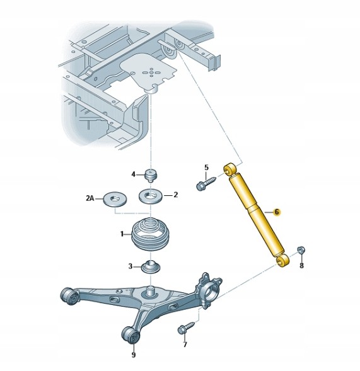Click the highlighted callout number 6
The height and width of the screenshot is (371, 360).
click(277, 212)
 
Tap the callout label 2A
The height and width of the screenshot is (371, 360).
click(90, 198)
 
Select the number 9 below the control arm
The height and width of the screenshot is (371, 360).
click(134, 355)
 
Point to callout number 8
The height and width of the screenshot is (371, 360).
click(301, 265)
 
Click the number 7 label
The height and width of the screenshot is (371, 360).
click(185, 345)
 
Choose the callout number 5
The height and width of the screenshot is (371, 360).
click(207, 168)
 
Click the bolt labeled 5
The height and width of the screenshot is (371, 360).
click(206, 183)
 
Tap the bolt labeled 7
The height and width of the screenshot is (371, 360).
click(186, 328)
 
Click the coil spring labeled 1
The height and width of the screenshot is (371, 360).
click(150, 234)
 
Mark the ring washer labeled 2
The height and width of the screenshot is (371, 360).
click(151, 196)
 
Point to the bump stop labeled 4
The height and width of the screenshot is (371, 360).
click(151, 175)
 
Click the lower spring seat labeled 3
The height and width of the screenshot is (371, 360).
click(151, 266)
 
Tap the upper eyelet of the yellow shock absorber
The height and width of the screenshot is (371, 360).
click(229, 169)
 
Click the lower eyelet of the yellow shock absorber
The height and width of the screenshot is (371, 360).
click(283, 261)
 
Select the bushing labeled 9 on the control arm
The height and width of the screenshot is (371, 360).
click(131, 334)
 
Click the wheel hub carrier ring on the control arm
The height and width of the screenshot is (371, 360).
click(210, 294)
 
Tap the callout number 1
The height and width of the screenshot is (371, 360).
click(122, 234)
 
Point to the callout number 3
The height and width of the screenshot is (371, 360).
click(131, 266)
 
